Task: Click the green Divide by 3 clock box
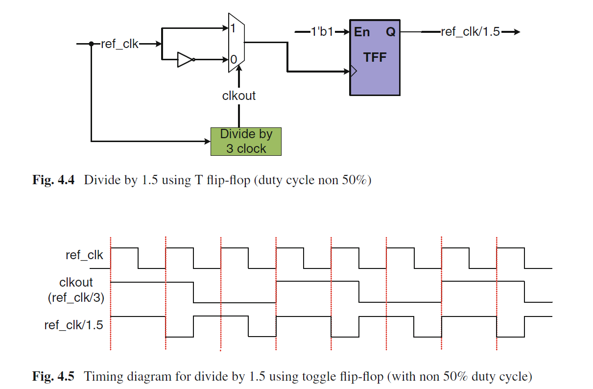[246, 142]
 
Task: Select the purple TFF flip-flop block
[375, 57]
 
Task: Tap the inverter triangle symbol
[185, 60]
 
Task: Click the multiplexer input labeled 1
[233, 28]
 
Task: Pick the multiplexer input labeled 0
[234, 60]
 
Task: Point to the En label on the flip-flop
[361, 32]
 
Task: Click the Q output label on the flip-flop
[391, 32]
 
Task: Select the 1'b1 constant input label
[322, 32]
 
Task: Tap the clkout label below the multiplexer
[239, 96]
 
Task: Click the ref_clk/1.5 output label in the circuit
[470, 32]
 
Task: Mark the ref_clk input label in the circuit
[119, 44]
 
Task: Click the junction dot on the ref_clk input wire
[92, 44]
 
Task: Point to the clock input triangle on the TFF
[354, 71]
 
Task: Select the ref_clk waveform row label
[84, 255]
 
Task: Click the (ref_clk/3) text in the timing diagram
[76, 298]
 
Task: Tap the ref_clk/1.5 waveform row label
[73, 325]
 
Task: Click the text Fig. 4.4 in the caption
[53, 180]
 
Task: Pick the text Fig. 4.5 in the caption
[53, 376]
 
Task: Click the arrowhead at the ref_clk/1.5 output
[516, 32]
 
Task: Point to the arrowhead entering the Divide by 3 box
[207, 142]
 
